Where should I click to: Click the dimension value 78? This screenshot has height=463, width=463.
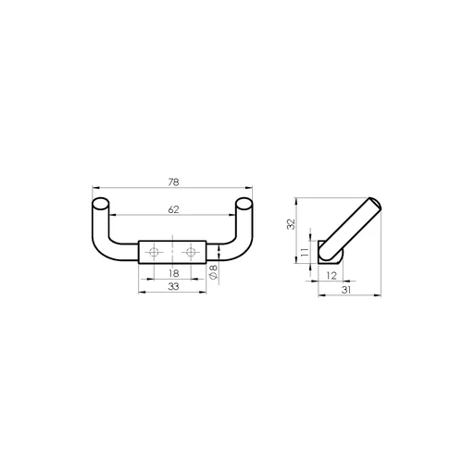pos(173,182)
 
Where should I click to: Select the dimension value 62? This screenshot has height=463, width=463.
pos(173,209)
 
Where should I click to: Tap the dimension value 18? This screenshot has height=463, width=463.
pos(174,273)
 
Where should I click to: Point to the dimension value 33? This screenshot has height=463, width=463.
pos(173,286)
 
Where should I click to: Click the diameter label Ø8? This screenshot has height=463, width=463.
pos(214,271)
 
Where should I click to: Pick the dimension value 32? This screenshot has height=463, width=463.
pos(291,224)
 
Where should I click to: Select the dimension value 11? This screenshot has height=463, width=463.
pos(305,252)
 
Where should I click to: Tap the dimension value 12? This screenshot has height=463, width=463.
pos(332,275)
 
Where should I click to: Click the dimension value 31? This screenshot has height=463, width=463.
pos(346,290)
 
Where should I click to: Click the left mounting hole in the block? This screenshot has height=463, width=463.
pos(154,252)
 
